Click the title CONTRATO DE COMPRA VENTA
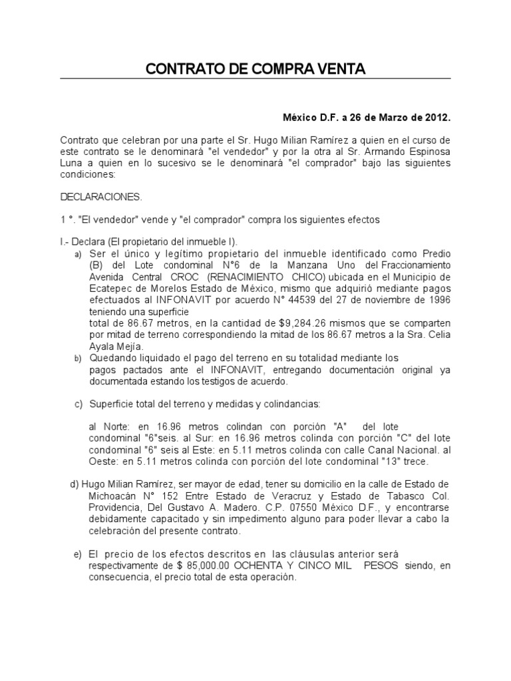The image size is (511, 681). [x=255, y=69]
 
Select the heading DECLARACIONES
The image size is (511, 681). [x=101, y=197]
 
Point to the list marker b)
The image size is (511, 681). [x=78, y=358]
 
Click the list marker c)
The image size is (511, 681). [x=78, y=403]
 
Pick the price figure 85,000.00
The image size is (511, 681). [x=198, y=566]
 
